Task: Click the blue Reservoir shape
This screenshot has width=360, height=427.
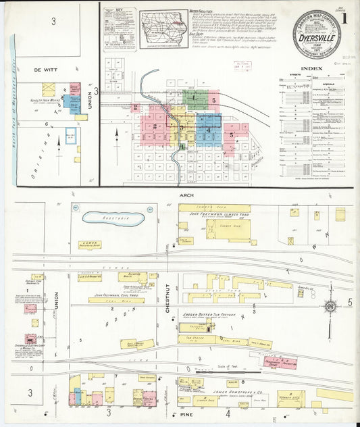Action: tap(113, 219)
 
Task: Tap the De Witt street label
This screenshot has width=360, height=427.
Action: tap(30, 70)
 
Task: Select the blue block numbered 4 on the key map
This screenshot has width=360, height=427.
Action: tap(209, 129)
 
